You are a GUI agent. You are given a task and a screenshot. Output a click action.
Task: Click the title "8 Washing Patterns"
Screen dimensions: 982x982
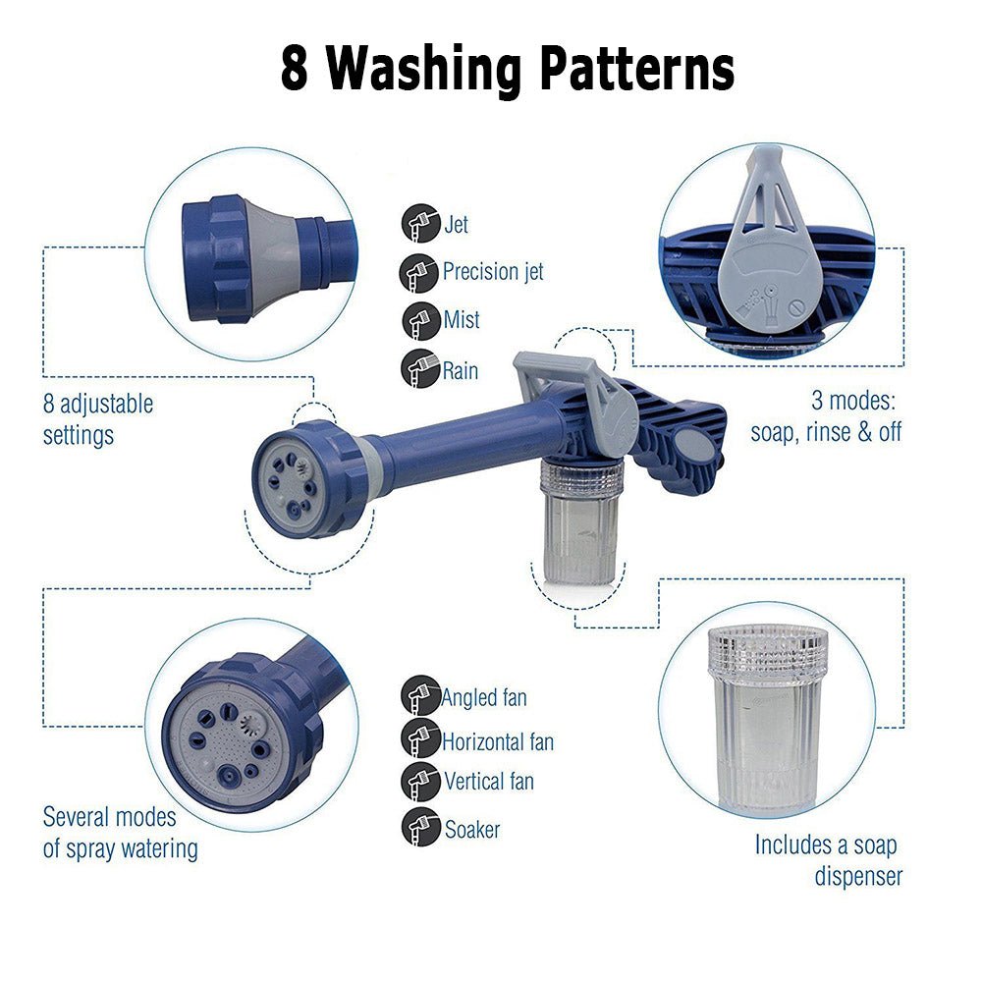(507, 70)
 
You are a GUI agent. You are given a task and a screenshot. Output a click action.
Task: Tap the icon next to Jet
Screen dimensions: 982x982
(419, 224)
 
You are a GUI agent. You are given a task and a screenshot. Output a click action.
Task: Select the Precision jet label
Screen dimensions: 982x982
(492, 271)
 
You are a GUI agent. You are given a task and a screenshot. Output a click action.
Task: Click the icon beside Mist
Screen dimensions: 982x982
(419, 320)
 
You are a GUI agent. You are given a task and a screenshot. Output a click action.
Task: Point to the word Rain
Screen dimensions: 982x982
(460, 370)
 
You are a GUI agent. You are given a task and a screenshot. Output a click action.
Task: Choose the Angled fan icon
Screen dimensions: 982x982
(419, 696)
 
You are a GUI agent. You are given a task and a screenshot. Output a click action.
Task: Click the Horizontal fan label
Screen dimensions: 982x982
(497, 741)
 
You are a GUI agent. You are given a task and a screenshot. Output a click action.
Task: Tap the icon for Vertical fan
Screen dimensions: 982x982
(419, 781)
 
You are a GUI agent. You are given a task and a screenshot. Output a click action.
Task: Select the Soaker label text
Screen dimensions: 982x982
(471, 830)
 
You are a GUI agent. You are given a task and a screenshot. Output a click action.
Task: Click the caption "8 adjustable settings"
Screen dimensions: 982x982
(98, 419)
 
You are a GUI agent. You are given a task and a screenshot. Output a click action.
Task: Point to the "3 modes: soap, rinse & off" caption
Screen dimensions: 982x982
(826, 417)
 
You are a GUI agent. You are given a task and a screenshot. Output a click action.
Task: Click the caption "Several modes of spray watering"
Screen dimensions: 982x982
(120, 833)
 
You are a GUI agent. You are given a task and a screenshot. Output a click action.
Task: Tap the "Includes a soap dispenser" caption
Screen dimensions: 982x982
(826, 860)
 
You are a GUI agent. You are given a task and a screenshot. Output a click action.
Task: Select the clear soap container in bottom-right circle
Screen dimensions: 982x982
(767, 717)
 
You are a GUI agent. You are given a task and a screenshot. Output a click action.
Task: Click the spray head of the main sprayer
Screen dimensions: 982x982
(296, 480)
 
